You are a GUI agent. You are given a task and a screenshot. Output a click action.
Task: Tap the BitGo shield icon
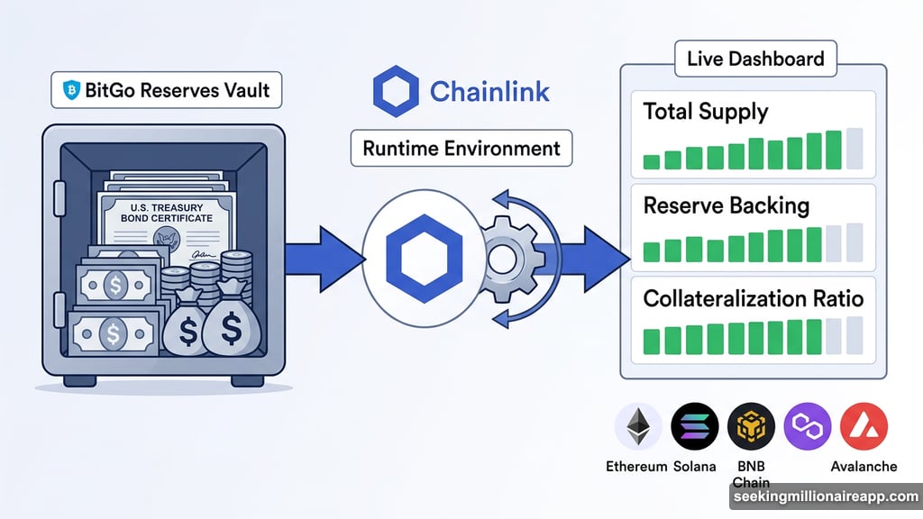tap(72, 90)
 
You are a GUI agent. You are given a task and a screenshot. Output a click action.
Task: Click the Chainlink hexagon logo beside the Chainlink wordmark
tap(395, 92)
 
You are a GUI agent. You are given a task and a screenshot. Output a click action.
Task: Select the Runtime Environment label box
tap(461, 149)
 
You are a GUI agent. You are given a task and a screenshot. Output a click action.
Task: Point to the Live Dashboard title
tap(754, 59)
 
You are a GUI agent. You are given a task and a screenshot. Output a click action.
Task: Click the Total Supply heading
tap(706, 113)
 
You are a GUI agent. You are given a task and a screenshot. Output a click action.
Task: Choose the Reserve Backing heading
tap(727, 205)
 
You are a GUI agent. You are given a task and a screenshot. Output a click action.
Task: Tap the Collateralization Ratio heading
tap(754, 297)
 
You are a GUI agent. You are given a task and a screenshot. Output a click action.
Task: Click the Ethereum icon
tap(637, 426)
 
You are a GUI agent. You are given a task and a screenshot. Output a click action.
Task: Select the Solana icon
tap(694, 426)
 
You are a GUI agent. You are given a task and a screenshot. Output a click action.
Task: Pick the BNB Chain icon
tap(751, 426)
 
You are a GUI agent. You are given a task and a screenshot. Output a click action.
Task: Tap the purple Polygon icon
tap(807, 426)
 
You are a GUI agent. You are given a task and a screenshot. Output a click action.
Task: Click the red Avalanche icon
tap(864, 426)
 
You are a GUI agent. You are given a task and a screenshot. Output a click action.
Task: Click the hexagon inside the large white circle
tap(424, 257)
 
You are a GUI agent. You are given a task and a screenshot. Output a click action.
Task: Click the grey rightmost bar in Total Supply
tap(854, 149)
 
